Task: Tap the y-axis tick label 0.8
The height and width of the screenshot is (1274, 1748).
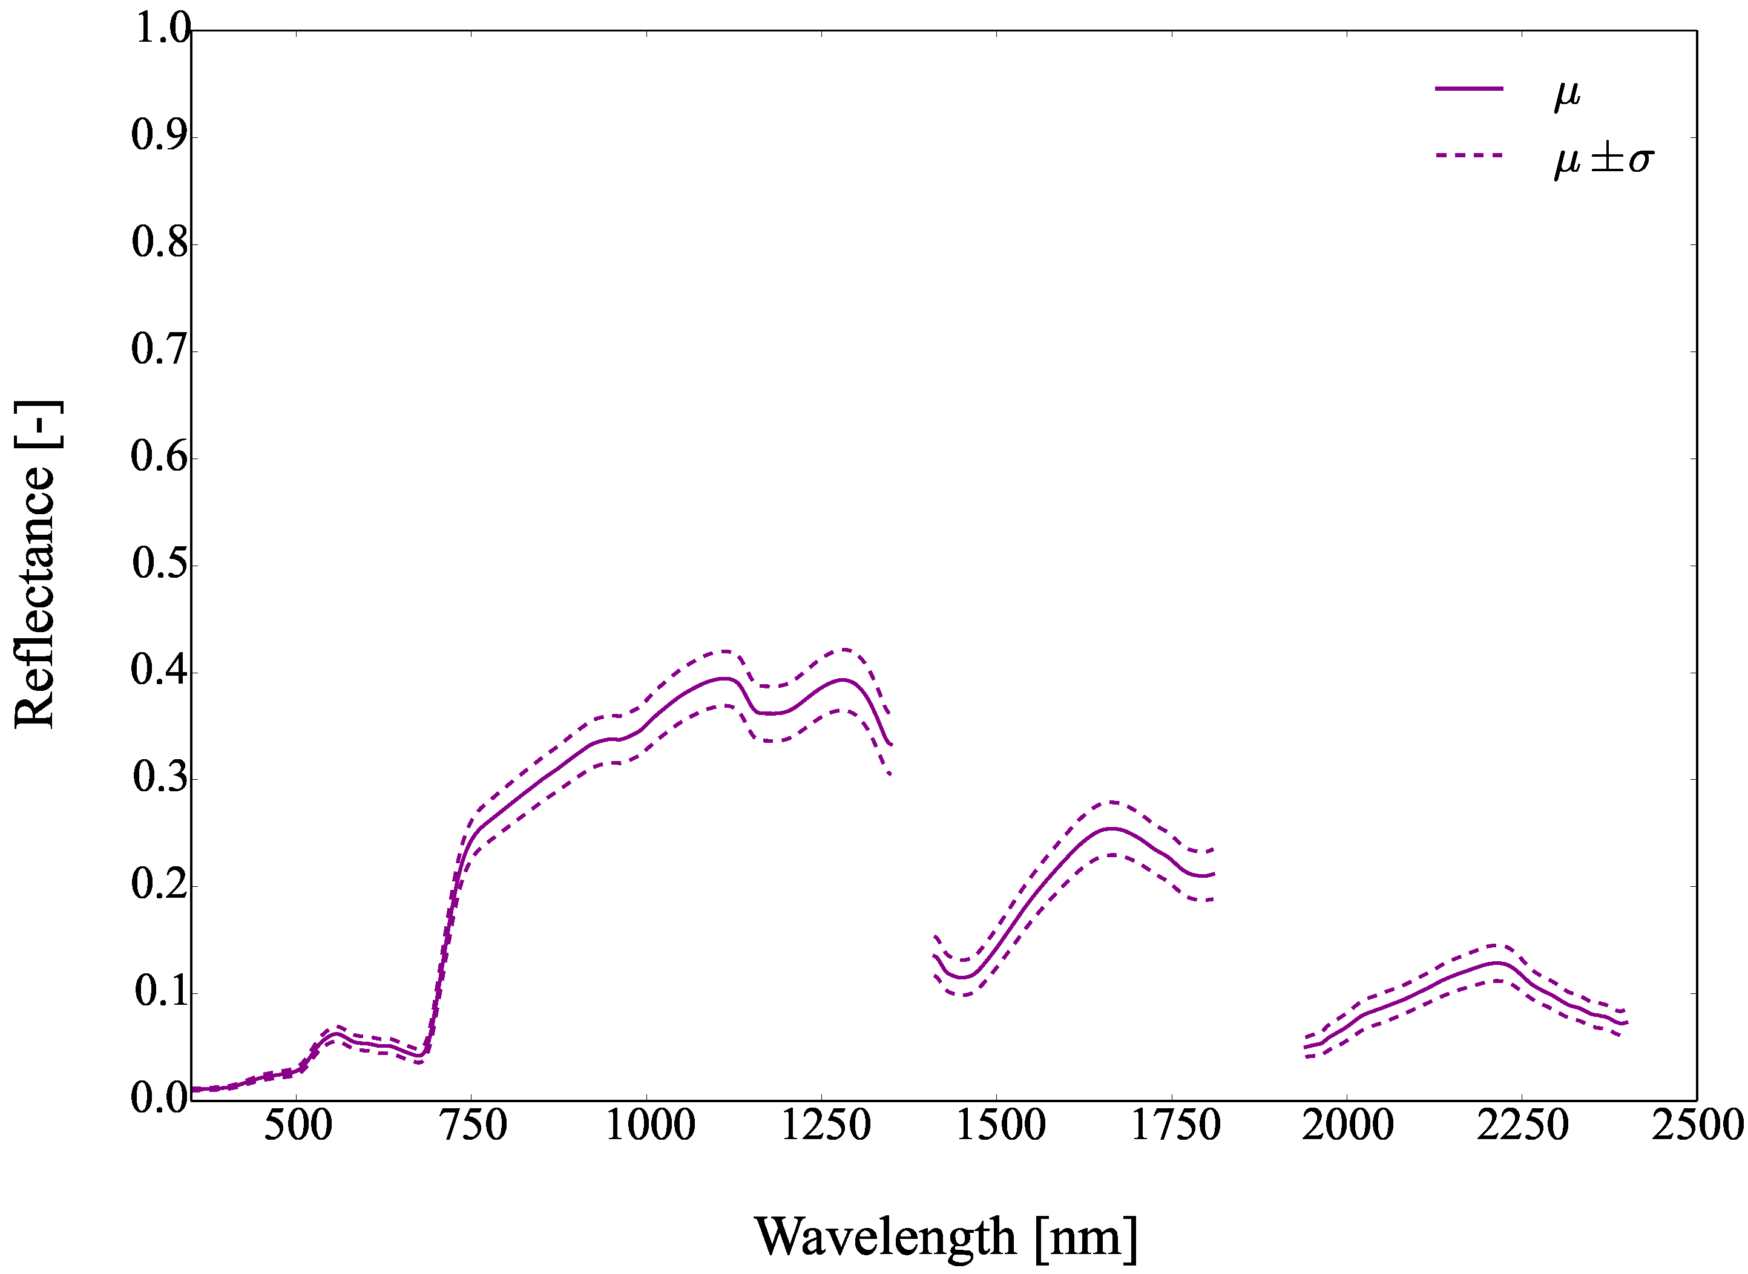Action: pos(160,243)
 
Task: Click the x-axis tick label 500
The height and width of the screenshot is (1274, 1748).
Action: pos(298,1126)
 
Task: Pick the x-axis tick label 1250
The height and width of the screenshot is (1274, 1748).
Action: pos(826,1126)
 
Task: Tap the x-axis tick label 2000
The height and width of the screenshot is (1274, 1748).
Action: pos(1348,1126)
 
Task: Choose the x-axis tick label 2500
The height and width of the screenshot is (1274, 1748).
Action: pos(1697,1126)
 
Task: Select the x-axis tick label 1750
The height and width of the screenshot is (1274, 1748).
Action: pos(1175,1126)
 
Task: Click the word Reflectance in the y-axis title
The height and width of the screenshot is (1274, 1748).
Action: pos(34,597)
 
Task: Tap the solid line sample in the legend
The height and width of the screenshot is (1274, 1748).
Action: pos(1469,89)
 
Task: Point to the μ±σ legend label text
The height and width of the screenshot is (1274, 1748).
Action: pos(1604,160)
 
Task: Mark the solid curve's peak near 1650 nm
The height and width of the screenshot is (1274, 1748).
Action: pos(1111,829)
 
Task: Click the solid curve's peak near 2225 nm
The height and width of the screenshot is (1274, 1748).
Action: pos(1498,963)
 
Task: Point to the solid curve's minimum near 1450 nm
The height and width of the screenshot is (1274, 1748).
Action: pos(964,978)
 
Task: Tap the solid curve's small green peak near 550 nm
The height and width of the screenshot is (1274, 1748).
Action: pos(337,1034)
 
